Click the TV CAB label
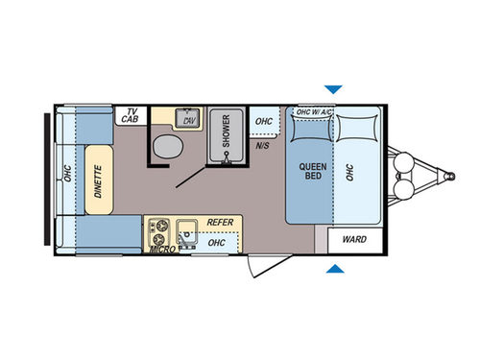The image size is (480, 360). click(127, 116)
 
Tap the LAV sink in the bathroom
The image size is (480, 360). click(190, 120)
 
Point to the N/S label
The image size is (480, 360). click(262, 147)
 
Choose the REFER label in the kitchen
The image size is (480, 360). click(220, 221)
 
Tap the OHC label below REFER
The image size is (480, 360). click(217, 243)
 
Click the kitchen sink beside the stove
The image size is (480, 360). click(186, 230)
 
